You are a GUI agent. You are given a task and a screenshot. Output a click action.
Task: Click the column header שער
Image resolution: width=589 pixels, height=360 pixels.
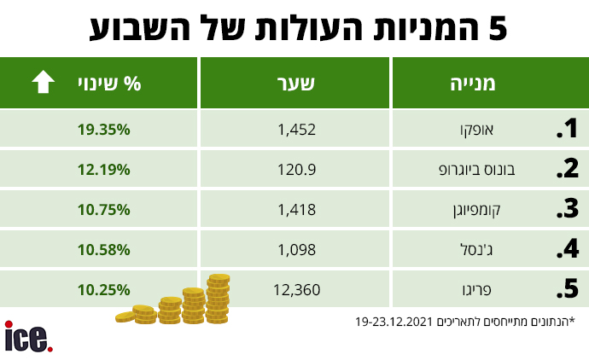click(x=296, y=84)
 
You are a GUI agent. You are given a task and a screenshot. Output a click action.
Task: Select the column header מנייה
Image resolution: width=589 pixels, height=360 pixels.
click(x=473, y=84)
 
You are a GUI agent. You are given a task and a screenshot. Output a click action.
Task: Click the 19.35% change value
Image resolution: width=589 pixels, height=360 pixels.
click(x=103, y=130)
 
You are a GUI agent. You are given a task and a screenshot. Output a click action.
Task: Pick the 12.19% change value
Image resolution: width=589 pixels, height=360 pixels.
click(x=103, y=170)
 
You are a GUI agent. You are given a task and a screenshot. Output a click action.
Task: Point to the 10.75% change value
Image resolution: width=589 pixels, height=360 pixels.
click(x=103, y=210)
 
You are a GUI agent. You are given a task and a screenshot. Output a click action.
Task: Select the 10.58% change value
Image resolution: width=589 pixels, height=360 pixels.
click(x=103, y=250)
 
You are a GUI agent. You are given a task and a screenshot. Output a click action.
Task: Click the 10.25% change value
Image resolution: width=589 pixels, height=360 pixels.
click(x=103, y=290)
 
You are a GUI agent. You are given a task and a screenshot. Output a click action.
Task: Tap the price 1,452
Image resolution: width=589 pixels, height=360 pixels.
click(x=297, y=130)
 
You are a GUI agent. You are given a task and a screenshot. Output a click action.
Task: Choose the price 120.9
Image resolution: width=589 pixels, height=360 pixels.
click(x=298, y=170)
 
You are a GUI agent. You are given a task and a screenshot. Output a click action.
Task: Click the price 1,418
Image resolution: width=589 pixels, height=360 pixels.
click(x=297, y=210)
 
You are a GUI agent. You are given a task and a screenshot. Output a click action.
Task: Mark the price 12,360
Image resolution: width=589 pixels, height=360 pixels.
click(x=296, y=290)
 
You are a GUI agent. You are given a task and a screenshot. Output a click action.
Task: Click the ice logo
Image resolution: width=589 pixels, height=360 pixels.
click(x=28, y=336)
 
